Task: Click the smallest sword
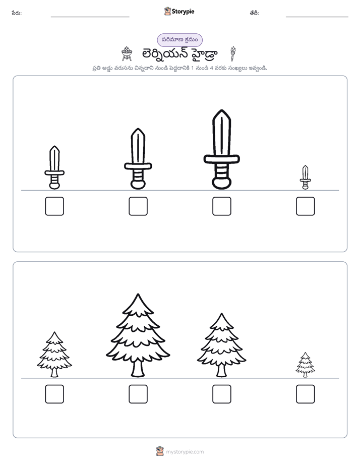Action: [305, 178]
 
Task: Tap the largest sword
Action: [221, 149]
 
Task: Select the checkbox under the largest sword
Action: [221, 206]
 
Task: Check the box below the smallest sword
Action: [306, 206]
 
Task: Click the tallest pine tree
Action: [138, 335]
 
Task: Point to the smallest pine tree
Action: [305, 365]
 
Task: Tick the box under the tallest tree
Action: [138, 394]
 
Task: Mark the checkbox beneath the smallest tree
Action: [306, 394]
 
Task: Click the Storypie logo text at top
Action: [183, 12]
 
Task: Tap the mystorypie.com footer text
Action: [185, 452]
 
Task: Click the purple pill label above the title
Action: [179, 40]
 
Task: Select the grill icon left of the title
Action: [127, 54]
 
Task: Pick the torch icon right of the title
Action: [233, 53]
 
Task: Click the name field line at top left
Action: [90, 17]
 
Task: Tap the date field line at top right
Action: [317, 17]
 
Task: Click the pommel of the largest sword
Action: [221, 183]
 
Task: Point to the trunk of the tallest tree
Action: [138, 369]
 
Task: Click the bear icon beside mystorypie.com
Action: [160, 451]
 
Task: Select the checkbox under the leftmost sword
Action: [54, 206]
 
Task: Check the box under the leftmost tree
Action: [54, 394]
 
